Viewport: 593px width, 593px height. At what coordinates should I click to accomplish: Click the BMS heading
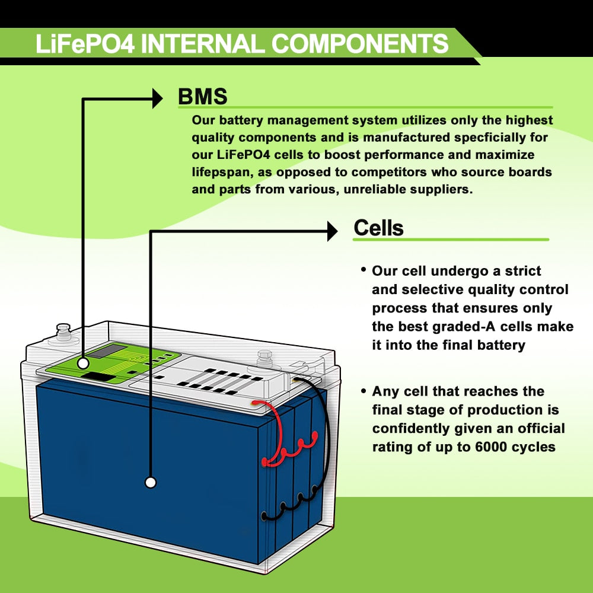coord(203,97)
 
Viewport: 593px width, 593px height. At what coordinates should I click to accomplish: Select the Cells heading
coord(378,228)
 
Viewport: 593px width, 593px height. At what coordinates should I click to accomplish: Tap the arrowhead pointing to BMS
coord(157,98)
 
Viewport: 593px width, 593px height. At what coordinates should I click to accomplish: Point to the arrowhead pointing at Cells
coord(331,231)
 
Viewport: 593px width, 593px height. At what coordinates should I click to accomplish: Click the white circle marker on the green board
coord(83,361)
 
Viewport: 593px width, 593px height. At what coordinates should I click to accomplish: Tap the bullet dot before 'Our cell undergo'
coord(363,270)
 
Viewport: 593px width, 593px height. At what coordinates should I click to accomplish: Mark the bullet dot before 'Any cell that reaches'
coord(363,390)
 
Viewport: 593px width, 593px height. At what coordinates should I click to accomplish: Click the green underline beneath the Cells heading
coord(451,240)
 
